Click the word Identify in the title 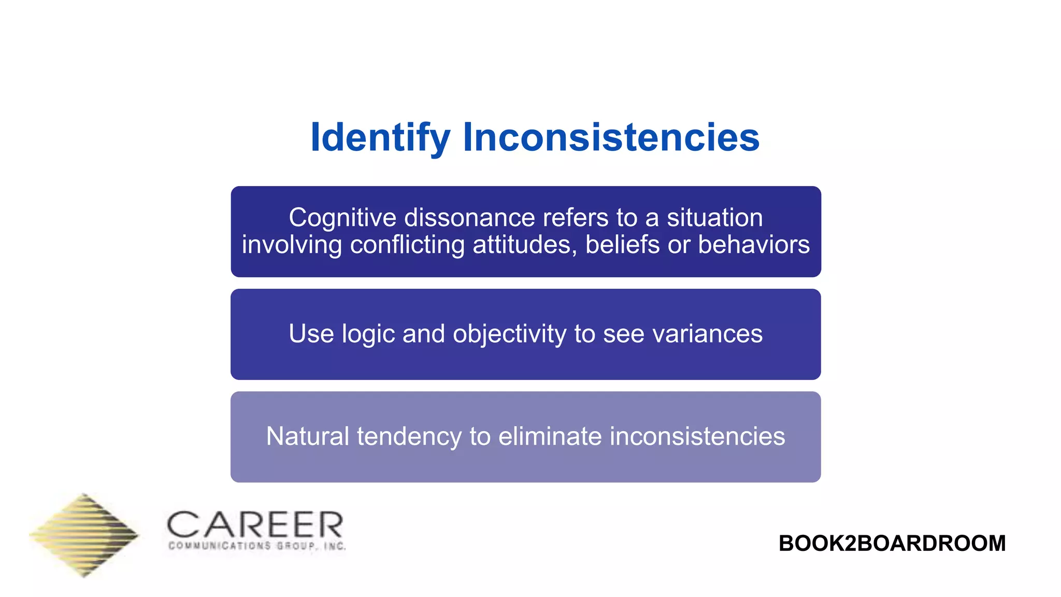pyautogui.click(x=380, y=138)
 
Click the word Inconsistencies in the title pyautogui.click(x=611, y=138)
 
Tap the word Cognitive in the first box pyautogui.click(x=342, y=218)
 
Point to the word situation pyautogui.click(x=714, y=218)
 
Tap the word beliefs pyautogui.click(x=622, y=245)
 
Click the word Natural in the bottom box pyautogui.click(x=308, y=436)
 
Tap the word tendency pyautogui.click(x=409, y=436)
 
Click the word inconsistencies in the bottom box pyautogui.click(x=697, y=436)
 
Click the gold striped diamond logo pyautogui.click(x=84, y=535)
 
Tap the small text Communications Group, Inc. pyautogui.click(x=257, y=546)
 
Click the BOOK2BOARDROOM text pyautogui.click(x=892, y=544)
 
